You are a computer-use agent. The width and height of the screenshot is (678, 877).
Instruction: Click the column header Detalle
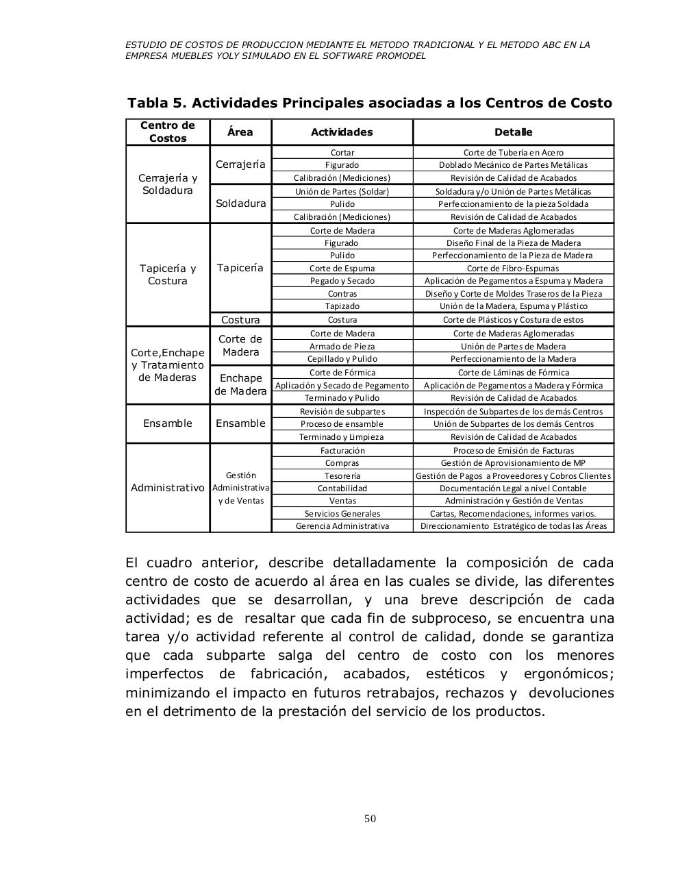click(513, 132)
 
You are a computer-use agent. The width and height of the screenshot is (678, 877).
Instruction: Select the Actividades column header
click(342, 132)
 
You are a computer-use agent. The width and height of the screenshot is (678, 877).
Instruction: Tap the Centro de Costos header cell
click(168, 132)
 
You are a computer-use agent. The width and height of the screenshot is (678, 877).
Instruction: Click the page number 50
click(371, 819)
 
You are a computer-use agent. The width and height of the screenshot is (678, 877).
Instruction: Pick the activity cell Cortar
click(342, 153)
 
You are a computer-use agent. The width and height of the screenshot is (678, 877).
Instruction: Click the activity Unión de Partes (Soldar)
click(342, 192)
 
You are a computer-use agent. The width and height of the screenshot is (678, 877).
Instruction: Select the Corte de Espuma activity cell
click(342, 269)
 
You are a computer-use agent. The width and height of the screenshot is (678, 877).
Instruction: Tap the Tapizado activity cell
click(342, 306)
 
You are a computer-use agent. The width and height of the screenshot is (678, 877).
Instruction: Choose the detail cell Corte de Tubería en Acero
click(513, 153)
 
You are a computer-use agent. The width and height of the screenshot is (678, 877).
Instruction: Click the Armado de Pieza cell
click(342, 347)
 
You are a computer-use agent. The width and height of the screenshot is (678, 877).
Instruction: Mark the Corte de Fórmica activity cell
click(342, 373)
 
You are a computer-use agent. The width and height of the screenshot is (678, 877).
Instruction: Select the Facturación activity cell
click(342, 451)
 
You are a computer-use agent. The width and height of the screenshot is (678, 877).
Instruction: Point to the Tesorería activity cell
click(342, 476)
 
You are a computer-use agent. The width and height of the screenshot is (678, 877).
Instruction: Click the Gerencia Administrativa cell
click(342, 526)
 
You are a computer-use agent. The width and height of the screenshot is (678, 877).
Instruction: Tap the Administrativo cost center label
click(168, 488)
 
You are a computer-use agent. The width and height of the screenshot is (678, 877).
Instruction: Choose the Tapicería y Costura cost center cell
click(168, 275)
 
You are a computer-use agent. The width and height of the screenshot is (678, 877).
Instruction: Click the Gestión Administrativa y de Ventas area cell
click(240, 488)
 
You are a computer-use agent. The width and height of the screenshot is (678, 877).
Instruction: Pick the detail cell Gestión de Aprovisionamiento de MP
click(513, 463)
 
